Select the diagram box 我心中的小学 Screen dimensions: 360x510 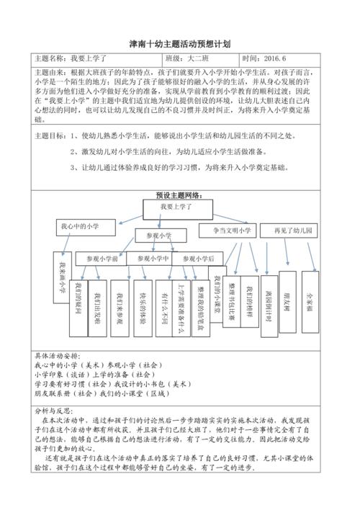79,226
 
